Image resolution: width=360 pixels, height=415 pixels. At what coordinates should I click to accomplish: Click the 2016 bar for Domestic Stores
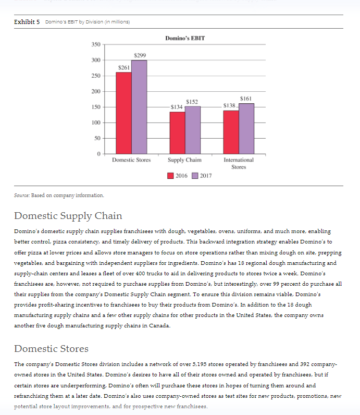click(124, 113)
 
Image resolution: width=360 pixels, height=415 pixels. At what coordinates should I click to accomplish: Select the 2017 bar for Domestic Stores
click(139, 107)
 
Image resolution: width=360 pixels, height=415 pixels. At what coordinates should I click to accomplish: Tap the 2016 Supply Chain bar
click(178, 133)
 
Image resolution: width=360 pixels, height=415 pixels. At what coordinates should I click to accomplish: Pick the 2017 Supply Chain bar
click(193, 130)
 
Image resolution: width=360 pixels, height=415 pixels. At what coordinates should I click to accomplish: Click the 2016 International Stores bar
click(231, 132)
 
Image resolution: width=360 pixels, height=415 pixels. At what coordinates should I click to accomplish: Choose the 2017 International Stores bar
click(246, 129)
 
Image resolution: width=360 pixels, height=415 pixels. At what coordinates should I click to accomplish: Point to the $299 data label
click(140, 55)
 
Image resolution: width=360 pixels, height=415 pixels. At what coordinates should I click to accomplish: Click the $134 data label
click(177, 107)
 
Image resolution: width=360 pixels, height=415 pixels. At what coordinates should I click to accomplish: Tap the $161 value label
click(246, 99)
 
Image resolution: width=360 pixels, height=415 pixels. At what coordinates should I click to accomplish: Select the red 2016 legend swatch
click(170, 176)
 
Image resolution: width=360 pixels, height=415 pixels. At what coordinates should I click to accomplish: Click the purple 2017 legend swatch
click(195, 176)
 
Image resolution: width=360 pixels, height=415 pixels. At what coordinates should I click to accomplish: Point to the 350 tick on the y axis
click(96, 44)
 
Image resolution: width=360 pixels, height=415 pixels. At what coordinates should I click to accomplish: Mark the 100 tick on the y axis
click(96, 123)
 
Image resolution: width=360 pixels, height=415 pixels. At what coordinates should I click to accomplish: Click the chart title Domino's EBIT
click(185, 38)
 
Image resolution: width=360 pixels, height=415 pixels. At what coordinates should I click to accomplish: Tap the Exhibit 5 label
click(27, 22)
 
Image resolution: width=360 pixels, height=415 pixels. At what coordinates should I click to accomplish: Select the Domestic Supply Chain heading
click(68, 216)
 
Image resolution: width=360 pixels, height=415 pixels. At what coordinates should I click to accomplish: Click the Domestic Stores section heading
click(51, 349)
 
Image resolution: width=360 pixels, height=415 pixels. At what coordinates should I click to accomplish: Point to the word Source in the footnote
click(22, 196)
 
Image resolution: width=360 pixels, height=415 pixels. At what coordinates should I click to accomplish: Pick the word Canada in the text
click(159, 325)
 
